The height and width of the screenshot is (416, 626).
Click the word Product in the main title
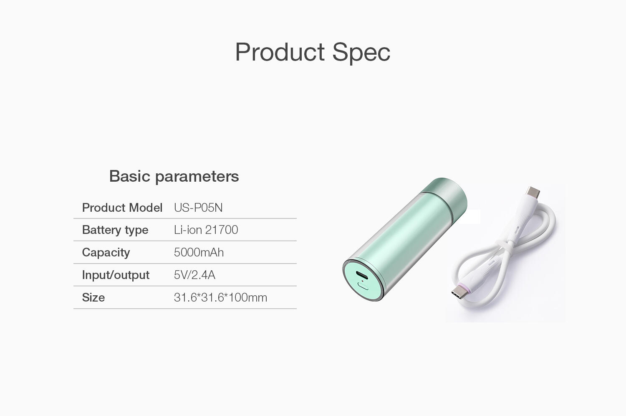pos(280,52)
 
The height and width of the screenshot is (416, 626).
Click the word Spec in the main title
pos(361,53)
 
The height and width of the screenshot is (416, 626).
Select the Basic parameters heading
pos(174,176)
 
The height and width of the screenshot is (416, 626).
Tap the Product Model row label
pos(122,208)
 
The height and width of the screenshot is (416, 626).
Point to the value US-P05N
pos(198,208)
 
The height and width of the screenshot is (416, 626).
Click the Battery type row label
pos(115,230)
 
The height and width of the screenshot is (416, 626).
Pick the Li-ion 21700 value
pos(206,230)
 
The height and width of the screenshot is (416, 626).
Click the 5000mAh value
pos(199,252)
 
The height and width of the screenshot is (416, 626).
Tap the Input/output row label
pos(116,275)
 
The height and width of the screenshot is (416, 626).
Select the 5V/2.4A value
pos(194,275)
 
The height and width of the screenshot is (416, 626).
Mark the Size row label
pos(93,297)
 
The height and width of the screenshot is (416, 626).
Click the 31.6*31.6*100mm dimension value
pos(220,297)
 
